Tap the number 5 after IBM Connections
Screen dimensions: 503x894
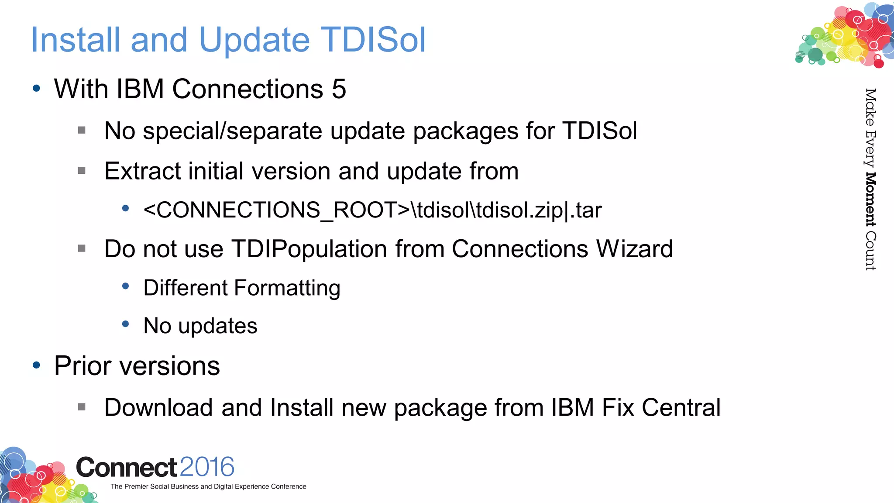click(x=339, y=89)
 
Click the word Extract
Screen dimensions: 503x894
click(x=142, y=171)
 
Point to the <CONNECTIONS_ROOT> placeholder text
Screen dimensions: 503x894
click(x=276, y=210)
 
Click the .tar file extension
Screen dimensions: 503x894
click(x=586, y=210)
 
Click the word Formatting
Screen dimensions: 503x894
click(x=287, y=288)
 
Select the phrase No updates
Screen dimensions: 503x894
click(x=200, y=326)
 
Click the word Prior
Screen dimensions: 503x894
click(x=83, y=365)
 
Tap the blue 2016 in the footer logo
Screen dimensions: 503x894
click(x=206, y=467)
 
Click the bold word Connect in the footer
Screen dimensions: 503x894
click(x=126, y=468)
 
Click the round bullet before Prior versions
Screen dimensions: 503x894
click(x=37, y=365)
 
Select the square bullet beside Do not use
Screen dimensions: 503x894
click(x=82, y=248)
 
